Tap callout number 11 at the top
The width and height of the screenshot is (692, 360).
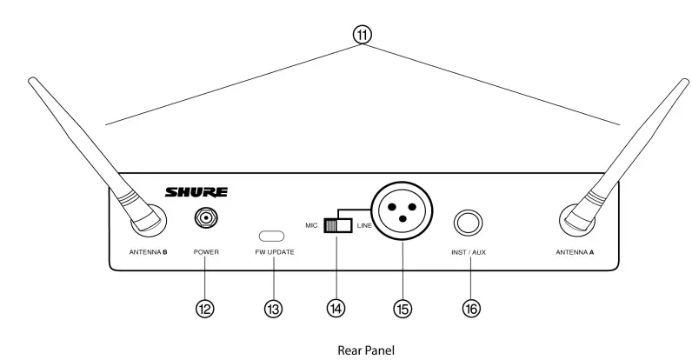pos(362,35)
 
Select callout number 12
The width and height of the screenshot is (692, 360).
pos(205,307)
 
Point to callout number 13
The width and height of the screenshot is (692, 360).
pos(273,307)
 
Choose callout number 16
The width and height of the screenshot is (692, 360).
pos(470,307)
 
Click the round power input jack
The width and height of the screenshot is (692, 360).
pos(206,217)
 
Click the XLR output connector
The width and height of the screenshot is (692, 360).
pos(401,215)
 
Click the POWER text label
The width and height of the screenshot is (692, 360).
pos(206,251)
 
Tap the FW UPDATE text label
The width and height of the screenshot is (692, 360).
pos(274,251)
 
